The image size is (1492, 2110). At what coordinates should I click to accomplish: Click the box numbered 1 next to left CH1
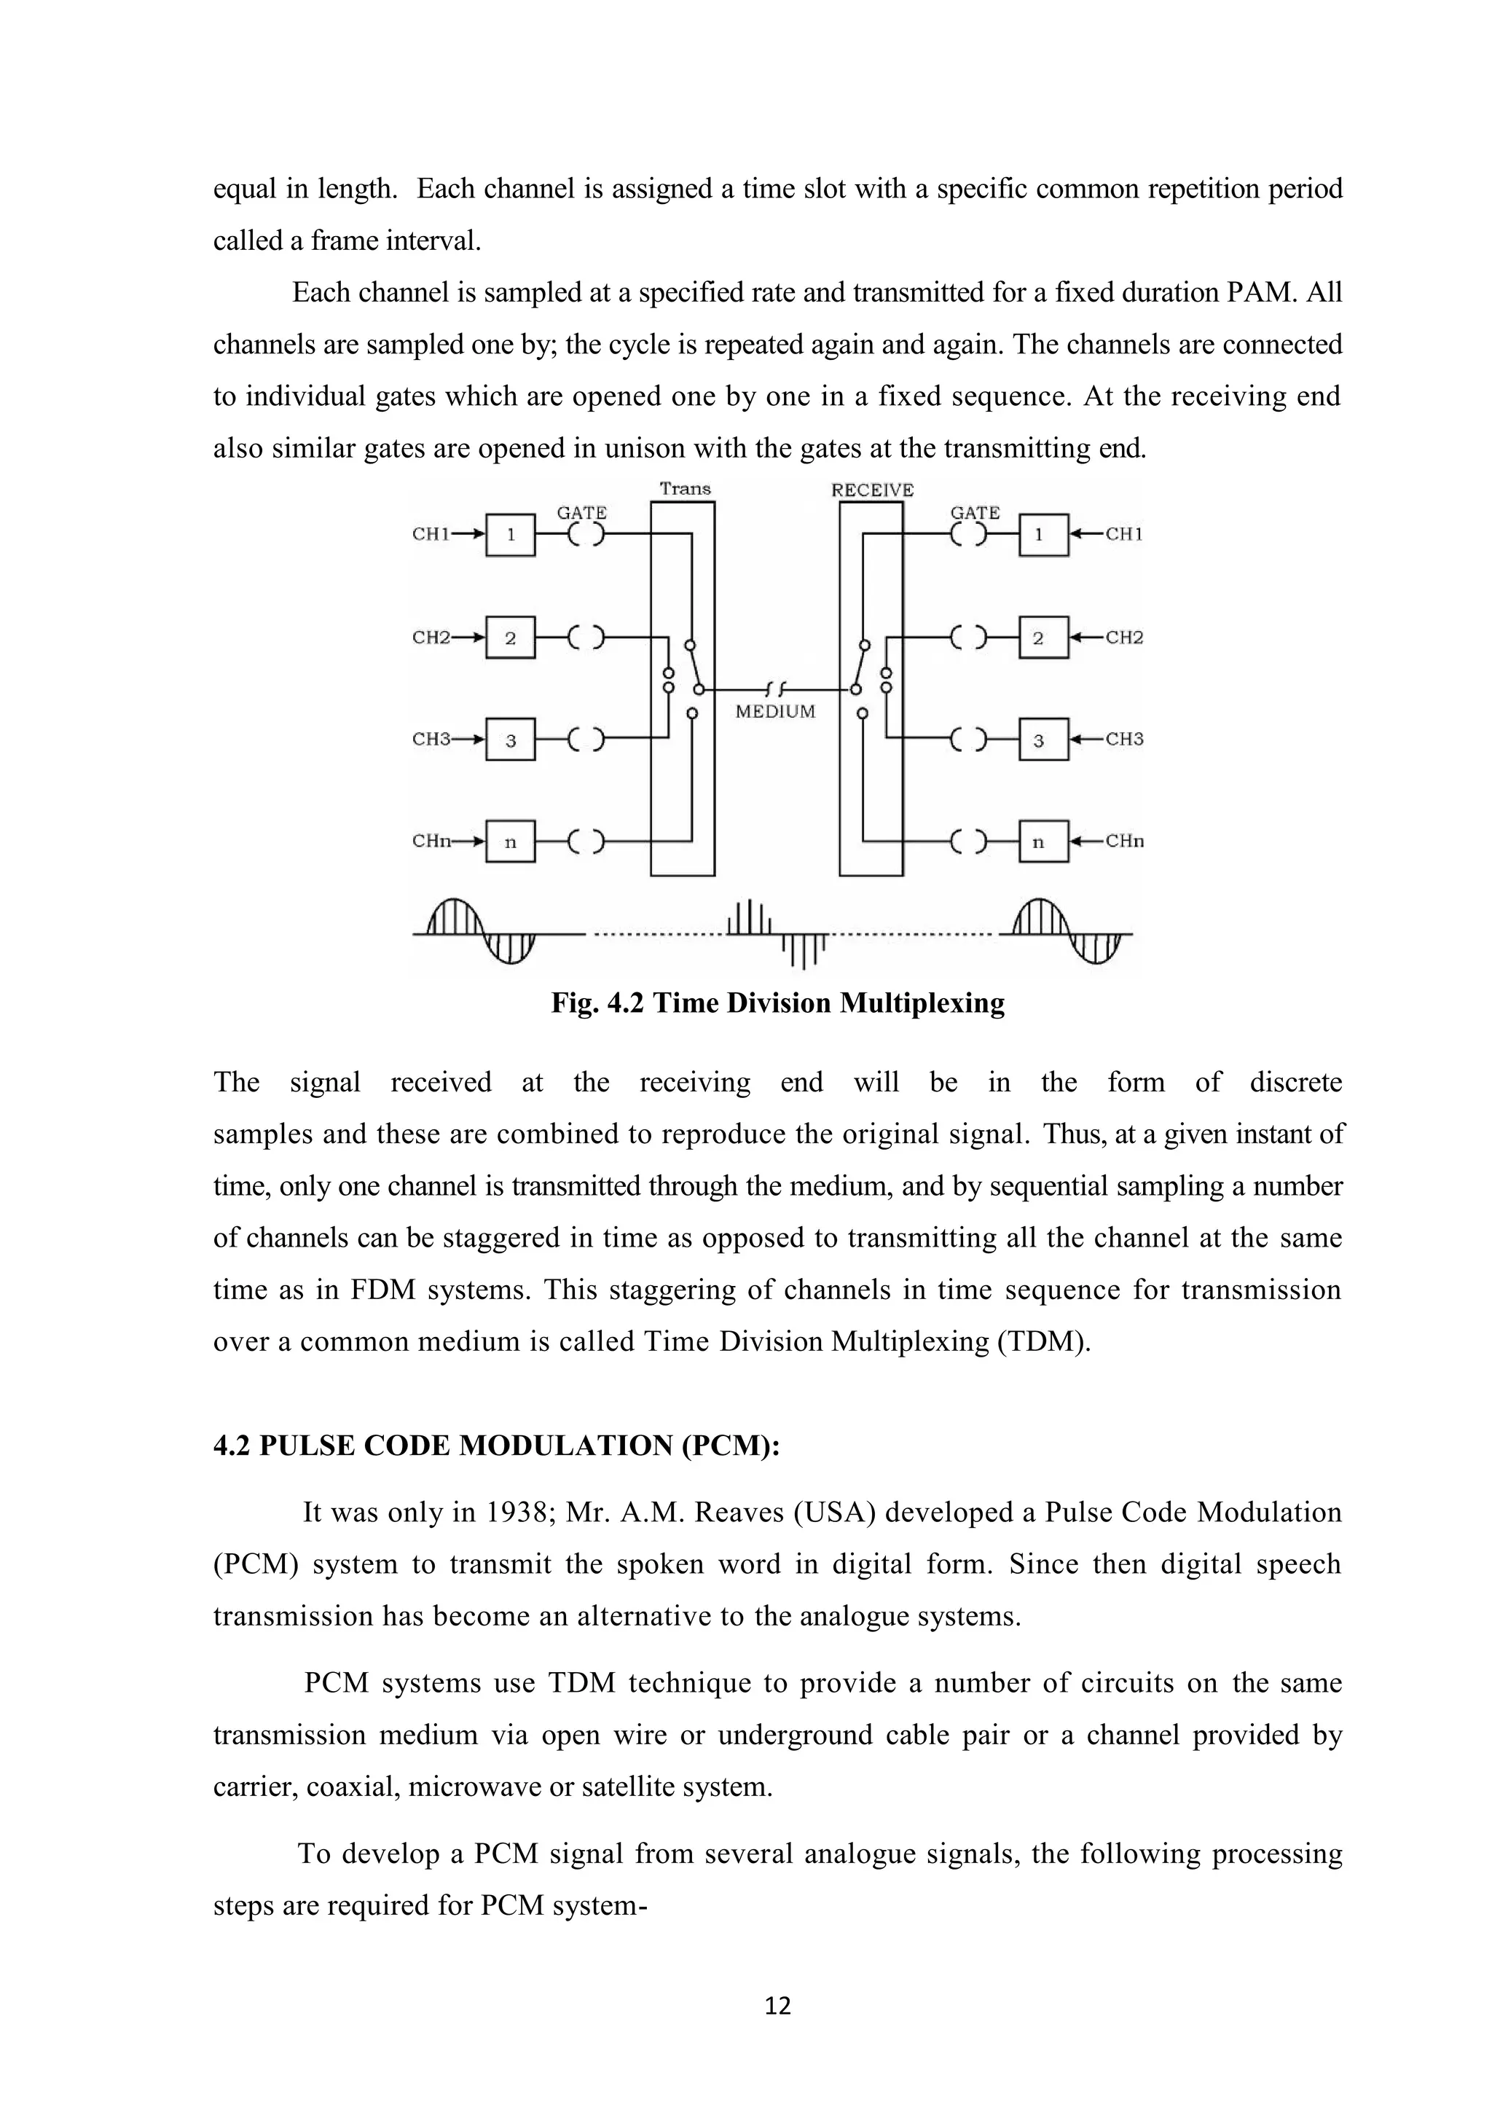pyautogui.click(x=510, y=535)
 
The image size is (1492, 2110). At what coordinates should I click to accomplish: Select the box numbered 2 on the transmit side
pyautogui.click(x=510, y=638)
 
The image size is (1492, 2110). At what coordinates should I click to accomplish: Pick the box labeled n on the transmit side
pyautogui.click(x=510, y=841)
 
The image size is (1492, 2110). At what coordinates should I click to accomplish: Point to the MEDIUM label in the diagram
pyautogui.click(x=775, y=711)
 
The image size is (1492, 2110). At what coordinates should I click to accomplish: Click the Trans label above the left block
pyautogui.click(x=686, y=489)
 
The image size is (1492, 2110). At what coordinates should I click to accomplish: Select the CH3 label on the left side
pyautogui.click(x=431, y=740)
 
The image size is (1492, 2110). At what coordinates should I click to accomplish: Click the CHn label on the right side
pyautogui.click(x=1125, y=841)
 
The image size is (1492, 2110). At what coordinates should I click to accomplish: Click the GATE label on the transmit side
pyautogui.click(x=581, y=513)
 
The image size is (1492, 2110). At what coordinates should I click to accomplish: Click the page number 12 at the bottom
pyautogui.click(x=777, y=2005)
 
